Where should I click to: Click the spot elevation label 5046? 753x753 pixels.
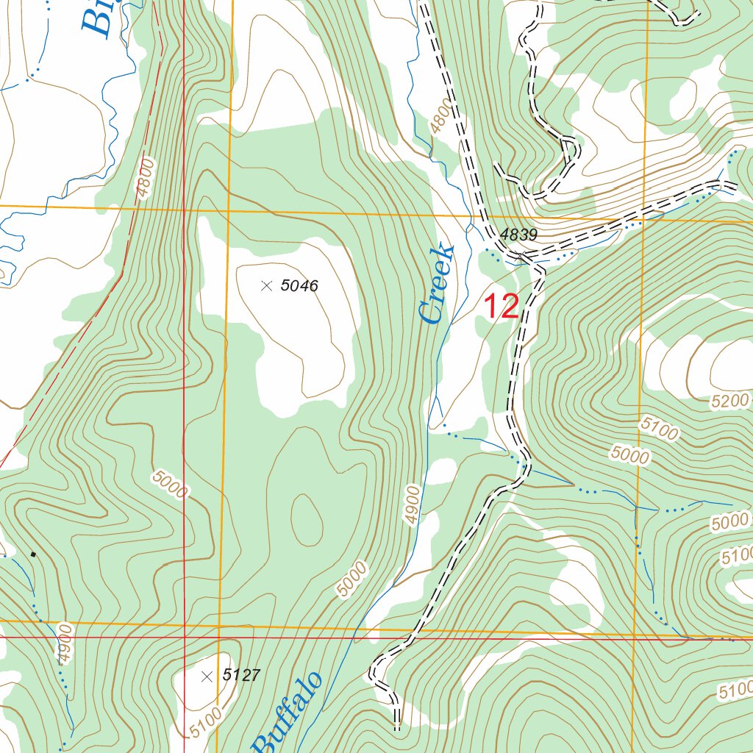(x=299, y=286)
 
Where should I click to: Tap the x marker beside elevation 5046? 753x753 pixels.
(x=266, y=285)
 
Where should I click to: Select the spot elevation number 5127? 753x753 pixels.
(x=241, y=675)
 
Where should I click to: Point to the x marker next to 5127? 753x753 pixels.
(x=207, y=675)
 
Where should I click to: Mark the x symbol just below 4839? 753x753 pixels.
(x=521, y=257)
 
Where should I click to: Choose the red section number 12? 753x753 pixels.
(x=501, y=307)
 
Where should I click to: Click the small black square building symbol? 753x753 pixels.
(x=32, y=554)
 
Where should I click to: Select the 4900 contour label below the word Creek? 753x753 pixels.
(x=413, y=504)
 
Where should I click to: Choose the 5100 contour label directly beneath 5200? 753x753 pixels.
(x=659, y=428)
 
